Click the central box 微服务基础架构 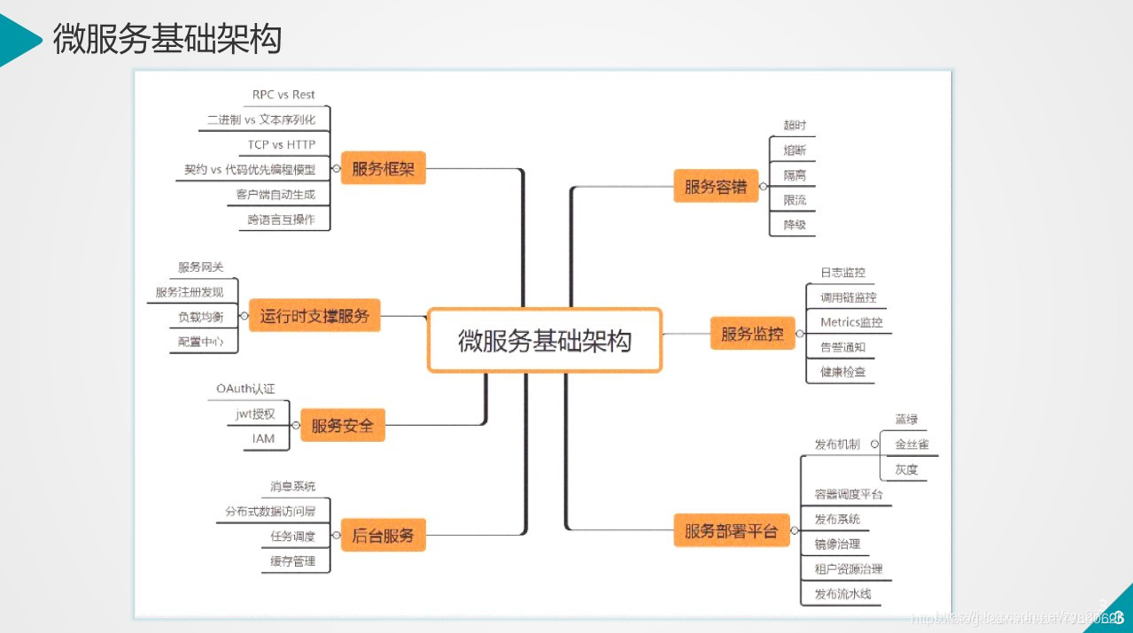(x=544, y=340)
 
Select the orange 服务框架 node (x=383, y=168)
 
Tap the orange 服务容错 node (x=716, y=187)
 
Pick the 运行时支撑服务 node (x=314, y=315)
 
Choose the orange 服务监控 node (x=752, y=334)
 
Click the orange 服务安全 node (x=342, y=426)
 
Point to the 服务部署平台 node (x=731, y=531)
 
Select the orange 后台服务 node (x=383, y=535)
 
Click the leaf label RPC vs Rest (x=283, y=95)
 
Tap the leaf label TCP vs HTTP (x=282, y=144)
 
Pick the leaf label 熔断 (x=795, y=151)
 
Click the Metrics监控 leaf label (x=851, y=322)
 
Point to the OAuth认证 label (x=245, y=389)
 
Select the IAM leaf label (x=263, y=438)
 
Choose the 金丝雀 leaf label (x=912, y=444)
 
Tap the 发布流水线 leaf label (x=842, y=594)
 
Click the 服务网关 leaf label (x=200, y=267)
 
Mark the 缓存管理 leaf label (x=292, y=561)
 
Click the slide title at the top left (x=167, y=39)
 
